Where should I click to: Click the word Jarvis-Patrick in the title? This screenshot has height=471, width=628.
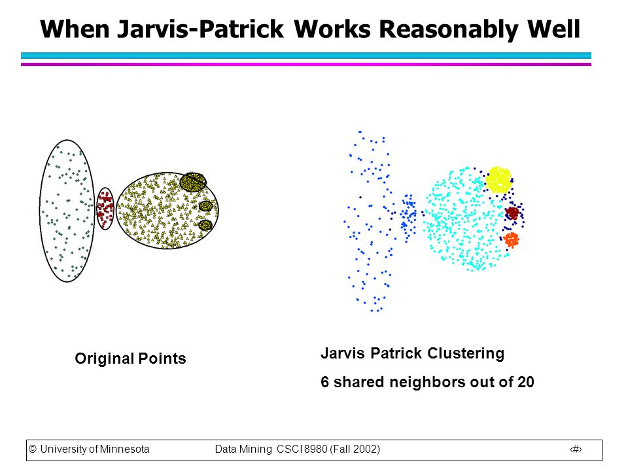tap(201, 29)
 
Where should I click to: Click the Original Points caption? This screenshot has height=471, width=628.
tap(131, 358)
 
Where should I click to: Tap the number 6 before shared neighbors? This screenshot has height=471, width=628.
tap(324, 381)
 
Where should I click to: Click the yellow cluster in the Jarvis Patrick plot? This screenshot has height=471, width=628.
tap(498, 179)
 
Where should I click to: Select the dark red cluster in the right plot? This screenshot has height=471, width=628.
tap(512, 213)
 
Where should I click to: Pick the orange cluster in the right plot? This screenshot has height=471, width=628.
tap(511, 240)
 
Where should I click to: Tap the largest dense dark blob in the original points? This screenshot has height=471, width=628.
tap(193, 182)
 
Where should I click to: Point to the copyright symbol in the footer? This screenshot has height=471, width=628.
tap(33, 449)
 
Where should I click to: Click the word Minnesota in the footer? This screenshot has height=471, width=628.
tap(124, 449)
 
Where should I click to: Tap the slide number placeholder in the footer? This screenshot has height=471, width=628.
tap(576, 449)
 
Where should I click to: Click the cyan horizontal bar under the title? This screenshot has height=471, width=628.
tap(306, 56)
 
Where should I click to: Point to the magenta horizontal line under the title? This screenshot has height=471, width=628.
tap(306, 64)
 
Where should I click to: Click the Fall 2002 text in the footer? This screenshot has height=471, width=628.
tap(355, 449)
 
